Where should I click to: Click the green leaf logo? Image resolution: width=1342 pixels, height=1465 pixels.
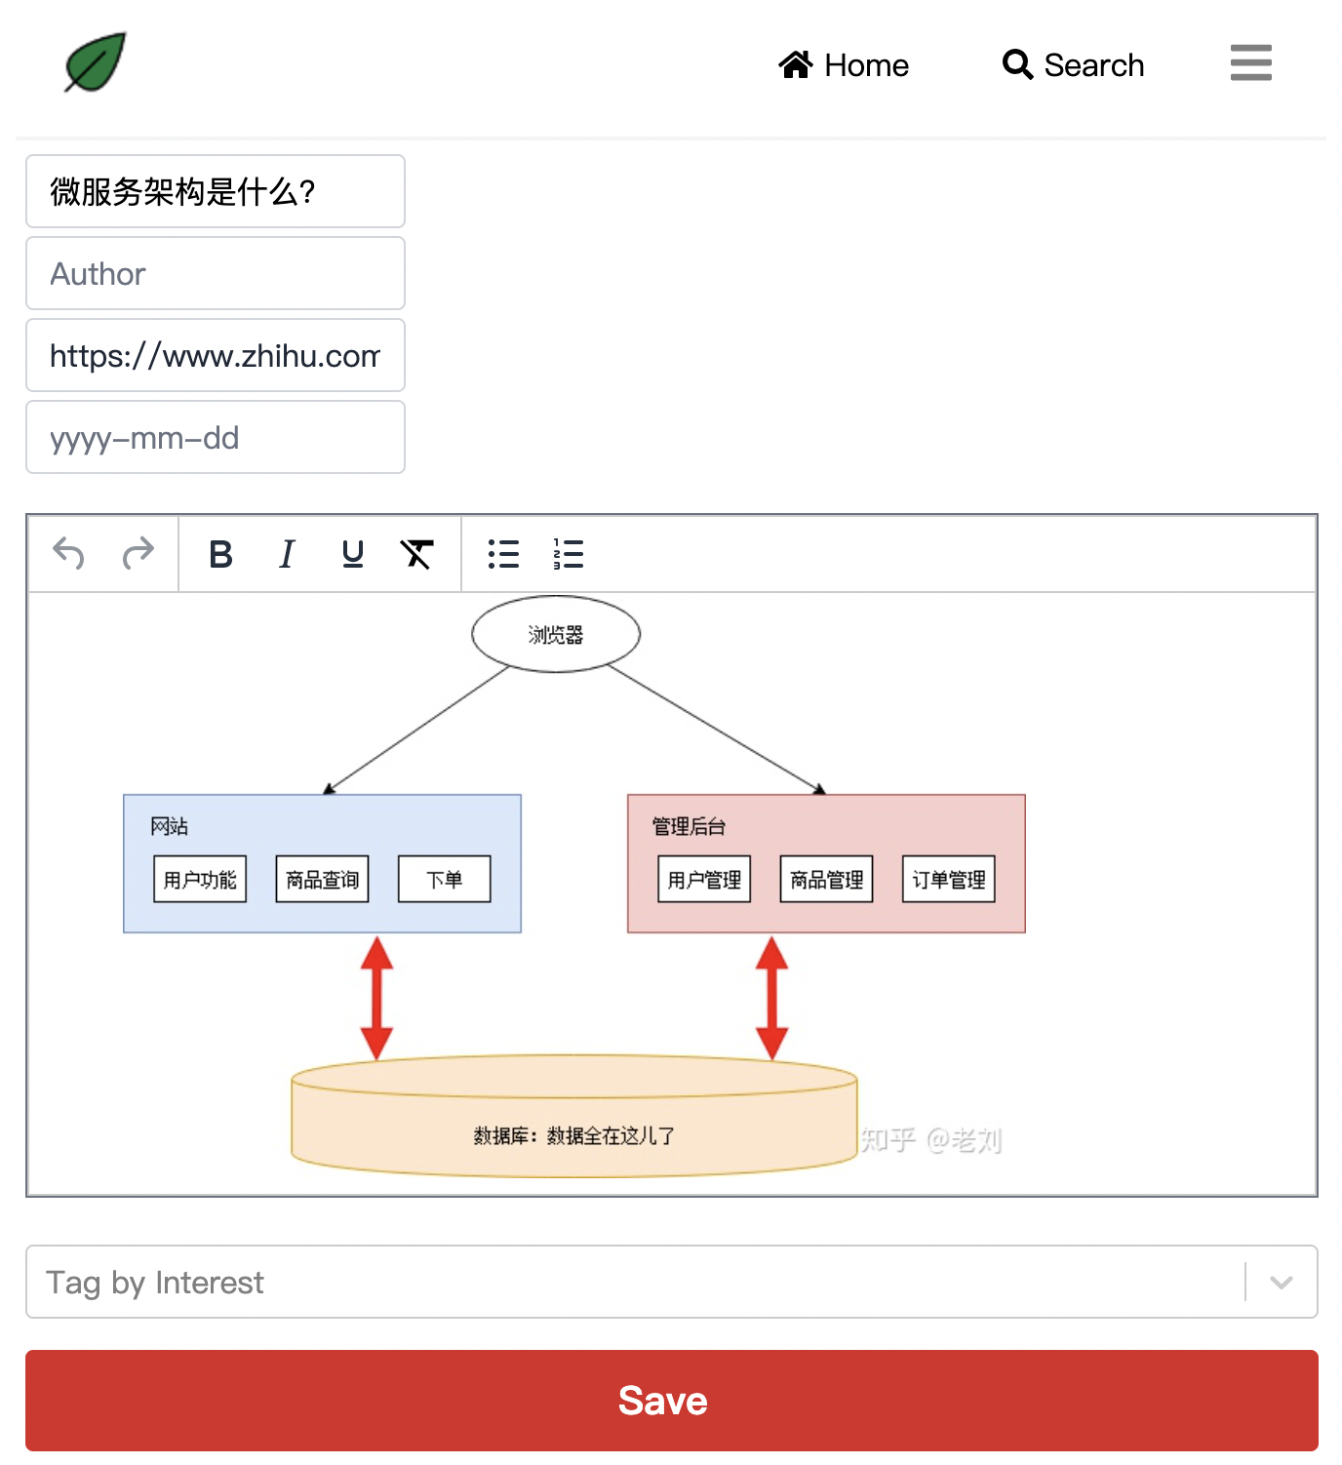click(96, 62)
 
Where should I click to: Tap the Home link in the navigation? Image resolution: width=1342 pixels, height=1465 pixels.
click(844, 65)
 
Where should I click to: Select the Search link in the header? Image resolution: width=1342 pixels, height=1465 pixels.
click(1074, 65)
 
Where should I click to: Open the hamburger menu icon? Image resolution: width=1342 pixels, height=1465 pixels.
click(1250, 62)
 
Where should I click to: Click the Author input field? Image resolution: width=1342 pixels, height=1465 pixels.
click(216, 274)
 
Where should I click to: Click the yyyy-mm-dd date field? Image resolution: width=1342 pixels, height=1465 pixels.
click(216, 438)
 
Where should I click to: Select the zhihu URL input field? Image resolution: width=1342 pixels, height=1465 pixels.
click(216, 356)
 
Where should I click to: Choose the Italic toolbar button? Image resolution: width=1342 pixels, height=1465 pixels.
click(287, 554)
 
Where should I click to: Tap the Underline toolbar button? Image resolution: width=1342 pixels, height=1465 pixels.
click(353, 554)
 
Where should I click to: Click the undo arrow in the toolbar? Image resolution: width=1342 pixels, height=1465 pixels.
click(68, 554)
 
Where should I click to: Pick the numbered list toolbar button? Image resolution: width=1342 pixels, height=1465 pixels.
click(568, 554)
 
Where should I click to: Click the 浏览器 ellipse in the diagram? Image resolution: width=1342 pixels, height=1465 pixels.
click(556, 635)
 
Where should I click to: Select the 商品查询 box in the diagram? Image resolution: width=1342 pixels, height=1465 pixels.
click(322, 880)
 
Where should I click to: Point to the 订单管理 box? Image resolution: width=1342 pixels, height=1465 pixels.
click(949, 880)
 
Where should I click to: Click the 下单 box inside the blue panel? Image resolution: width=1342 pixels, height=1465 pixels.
click(445, 880)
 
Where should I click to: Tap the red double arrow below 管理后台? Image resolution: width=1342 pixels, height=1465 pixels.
click(771, 998)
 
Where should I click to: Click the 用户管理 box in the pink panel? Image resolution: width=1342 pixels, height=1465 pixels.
click(704, 880)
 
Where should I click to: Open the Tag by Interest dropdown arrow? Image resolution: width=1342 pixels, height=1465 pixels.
click(1282, 1283)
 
